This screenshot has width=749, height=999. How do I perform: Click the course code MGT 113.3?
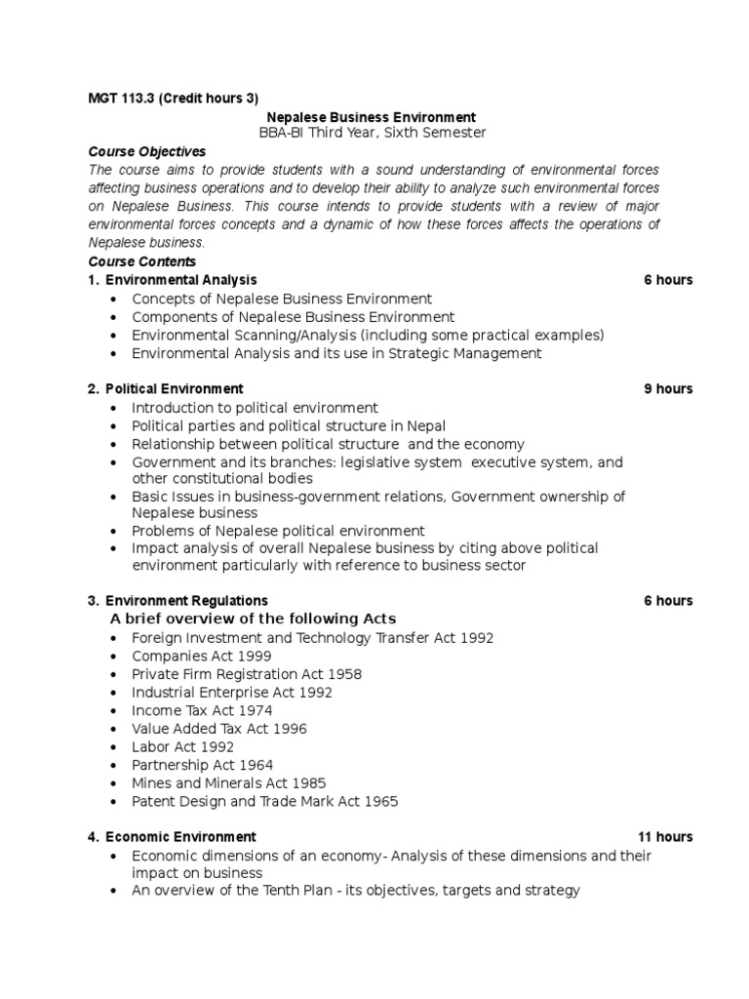tap(122, 98)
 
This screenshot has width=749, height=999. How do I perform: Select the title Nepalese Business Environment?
tap(372, 117)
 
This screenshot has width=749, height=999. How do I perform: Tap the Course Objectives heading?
tap(147, 152)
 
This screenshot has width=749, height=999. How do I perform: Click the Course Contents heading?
tap(142, 261)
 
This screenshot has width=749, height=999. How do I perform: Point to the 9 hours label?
tap(668, 388)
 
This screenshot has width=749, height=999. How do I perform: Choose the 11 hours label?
tap(665, 836)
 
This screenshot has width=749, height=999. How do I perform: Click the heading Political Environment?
tap(175, 388)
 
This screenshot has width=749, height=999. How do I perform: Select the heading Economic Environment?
tap(180, 836)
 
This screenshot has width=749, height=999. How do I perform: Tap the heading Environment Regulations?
tap(186, 600)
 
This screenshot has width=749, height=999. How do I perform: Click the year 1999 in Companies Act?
tap(254, 656)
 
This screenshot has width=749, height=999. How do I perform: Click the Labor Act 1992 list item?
tap(182, 747)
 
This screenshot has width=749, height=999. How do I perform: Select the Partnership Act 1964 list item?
tap(202, 765)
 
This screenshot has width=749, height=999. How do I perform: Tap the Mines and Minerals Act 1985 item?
tap(228, 783)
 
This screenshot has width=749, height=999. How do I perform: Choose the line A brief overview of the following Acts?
tap(253, 619)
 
